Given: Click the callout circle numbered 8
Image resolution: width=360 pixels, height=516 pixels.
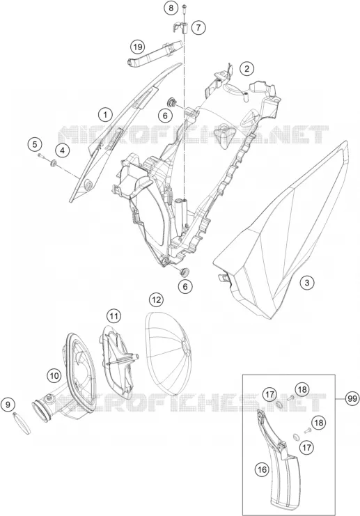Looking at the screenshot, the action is [171, 8].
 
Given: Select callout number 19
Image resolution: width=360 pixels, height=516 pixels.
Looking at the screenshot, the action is [138, 47].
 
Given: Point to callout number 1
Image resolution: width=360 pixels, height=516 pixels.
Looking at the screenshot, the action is [105, 114].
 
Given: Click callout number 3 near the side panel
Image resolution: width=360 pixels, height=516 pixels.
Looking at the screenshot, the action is [307, 283].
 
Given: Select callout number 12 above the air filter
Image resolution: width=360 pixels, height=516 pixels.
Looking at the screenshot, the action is [156, 299].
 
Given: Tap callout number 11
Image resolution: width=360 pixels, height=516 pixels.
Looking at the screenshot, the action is [114, 317].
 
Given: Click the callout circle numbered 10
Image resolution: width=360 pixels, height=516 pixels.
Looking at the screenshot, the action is [54, 375].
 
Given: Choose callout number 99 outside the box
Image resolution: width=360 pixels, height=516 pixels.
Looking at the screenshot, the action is [352, 399].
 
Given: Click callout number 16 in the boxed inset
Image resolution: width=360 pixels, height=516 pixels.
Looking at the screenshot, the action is [262, 469].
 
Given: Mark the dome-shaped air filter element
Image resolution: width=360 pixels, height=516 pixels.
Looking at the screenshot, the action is [168, 354].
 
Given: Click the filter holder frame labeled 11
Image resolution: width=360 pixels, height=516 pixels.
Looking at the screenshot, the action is [118, 361].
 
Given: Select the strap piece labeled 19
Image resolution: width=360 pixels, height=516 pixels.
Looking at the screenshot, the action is [155, 52].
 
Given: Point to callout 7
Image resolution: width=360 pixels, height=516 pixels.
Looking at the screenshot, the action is [198, 27].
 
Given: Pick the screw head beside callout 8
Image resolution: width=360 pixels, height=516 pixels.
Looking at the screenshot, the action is [184, 6].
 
